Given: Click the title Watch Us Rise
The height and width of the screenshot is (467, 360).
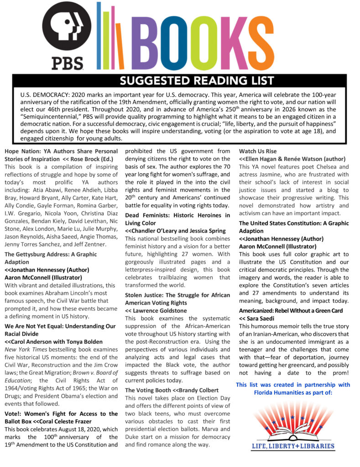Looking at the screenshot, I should [258, 151].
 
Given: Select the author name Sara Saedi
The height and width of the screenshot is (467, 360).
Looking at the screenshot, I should [265, 318].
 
